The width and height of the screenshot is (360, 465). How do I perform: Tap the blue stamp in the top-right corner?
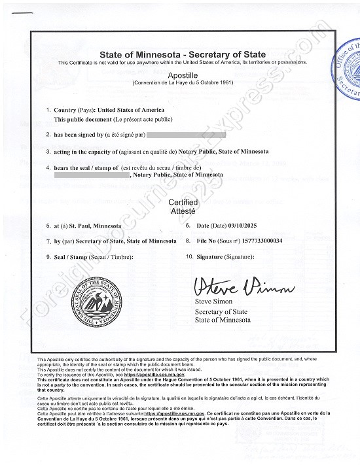(x=348, y=67)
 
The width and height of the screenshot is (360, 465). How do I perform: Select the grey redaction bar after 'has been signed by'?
(x=187, y=134)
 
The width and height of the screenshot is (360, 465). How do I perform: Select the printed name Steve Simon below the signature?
(x=213, y=301)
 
